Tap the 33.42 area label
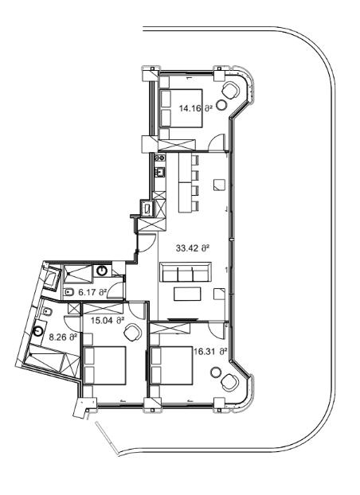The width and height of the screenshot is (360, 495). (x=194, y=248)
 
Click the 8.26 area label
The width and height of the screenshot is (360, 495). (x=61, y=337)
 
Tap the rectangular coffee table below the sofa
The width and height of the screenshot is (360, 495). (x=188, y=294)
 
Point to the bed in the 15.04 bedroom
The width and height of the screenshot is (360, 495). (x=105, y=365)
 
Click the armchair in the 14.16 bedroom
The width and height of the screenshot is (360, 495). (x=231, y=89)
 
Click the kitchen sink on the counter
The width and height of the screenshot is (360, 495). (x=159, y=171)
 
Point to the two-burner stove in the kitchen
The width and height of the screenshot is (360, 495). (x=159, y=158)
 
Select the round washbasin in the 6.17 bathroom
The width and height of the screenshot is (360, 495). (x=102, y=271)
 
